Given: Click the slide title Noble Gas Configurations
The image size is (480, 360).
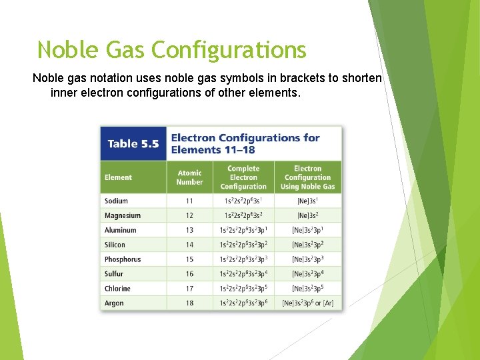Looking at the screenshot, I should point(171,50).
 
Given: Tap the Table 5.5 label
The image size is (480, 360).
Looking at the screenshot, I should point(133,144).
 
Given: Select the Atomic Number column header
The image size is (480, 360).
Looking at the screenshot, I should point(189,177).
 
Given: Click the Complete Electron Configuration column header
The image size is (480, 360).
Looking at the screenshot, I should point(243,177).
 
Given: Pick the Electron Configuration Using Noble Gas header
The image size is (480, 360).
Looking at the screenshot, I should point(307,177).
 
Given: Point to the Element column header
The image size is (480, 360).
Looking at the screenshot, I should point(118,177).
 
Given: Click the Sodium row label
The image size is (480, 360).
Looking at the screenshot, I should point(116,201).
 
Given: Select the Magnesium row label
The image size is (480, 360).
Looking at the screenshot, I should point(123,215).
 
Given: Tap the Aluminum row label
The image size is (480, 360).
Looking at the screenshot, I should point(120,230).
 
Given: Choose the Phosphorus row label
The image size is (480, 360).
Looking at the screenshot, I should point(123,259).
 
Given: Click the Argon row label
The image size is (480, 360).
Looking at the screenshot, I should point(114,303).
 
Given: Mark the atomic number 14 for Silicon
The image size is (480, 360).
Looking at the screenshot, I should point(190,245).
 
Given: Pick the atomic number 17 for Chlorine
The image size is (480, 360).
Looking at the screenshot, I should point(190,289).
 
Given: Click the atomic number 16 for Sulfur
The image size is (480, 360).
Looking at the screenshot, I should point(190,274).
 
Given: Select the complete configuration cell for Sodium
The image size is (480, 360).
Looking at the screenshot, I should point(243,201).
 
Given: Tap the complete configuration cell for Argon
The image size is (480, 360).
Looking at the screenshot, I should point(243,303).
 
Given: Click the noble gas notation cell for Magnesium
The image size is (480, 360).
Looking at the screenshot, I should point(307,215).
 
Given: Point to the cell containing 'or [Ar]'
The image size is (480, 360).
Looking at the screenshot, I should point(307,303).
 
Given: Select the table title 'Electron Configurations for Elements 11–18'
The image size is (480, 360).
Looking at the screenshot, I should point(245,144).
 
